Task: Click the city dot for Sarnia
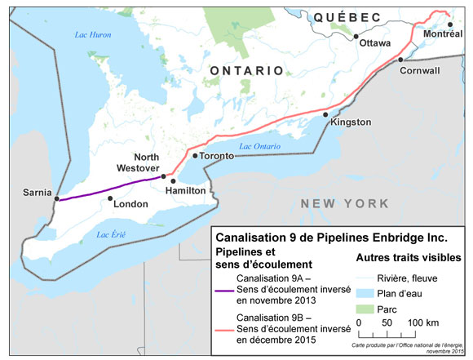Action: pos(56,198)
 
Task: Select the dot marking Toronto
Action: pos(195,155)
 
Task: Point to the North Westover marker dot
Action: pos(164,176)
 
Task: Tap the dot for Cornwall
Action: pos(400,60)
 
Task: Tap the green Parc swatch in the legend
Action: pos(369,309)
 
